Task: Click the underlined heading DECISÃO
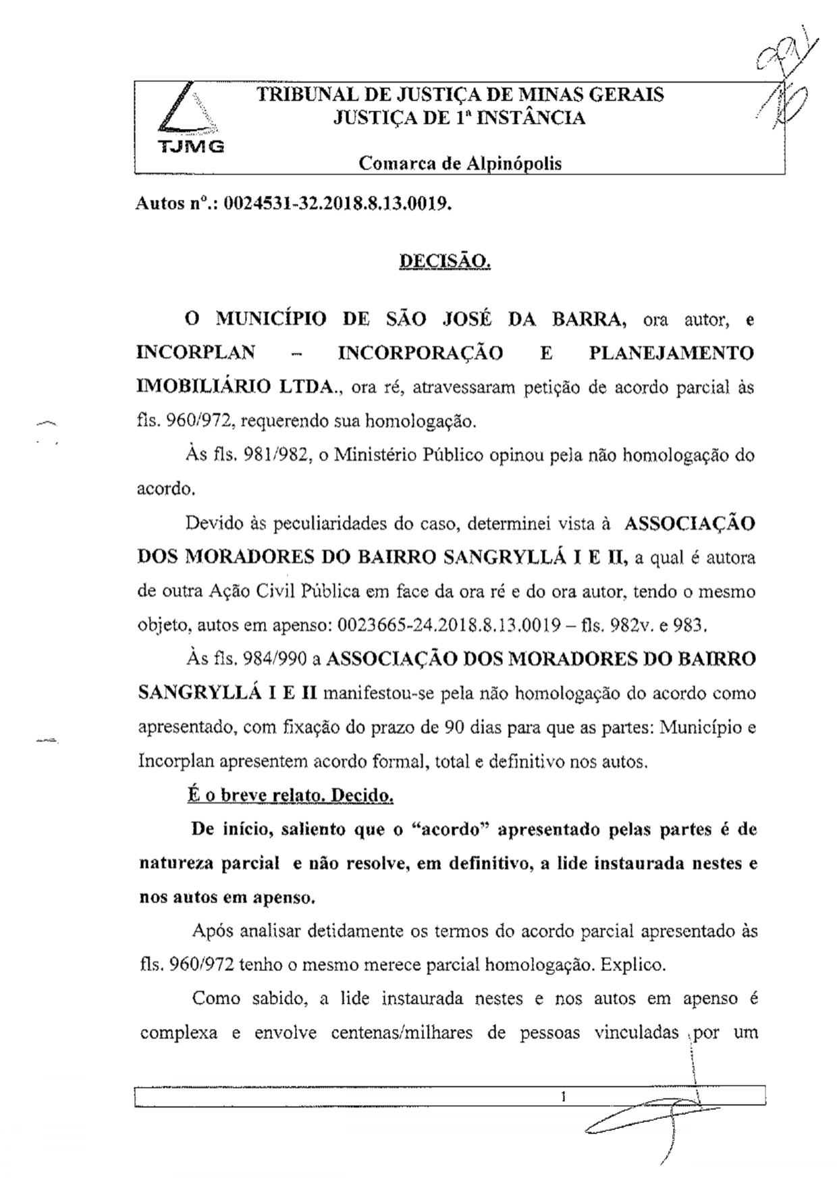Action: point(445,261)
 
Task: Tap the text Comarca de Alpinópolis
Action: point(460,163)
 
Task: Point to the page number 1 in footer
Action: point(562,1097)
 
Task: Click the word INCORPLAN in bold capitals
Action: point(196,352)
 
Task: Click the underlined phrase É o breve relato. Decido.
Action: point(291,796)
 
